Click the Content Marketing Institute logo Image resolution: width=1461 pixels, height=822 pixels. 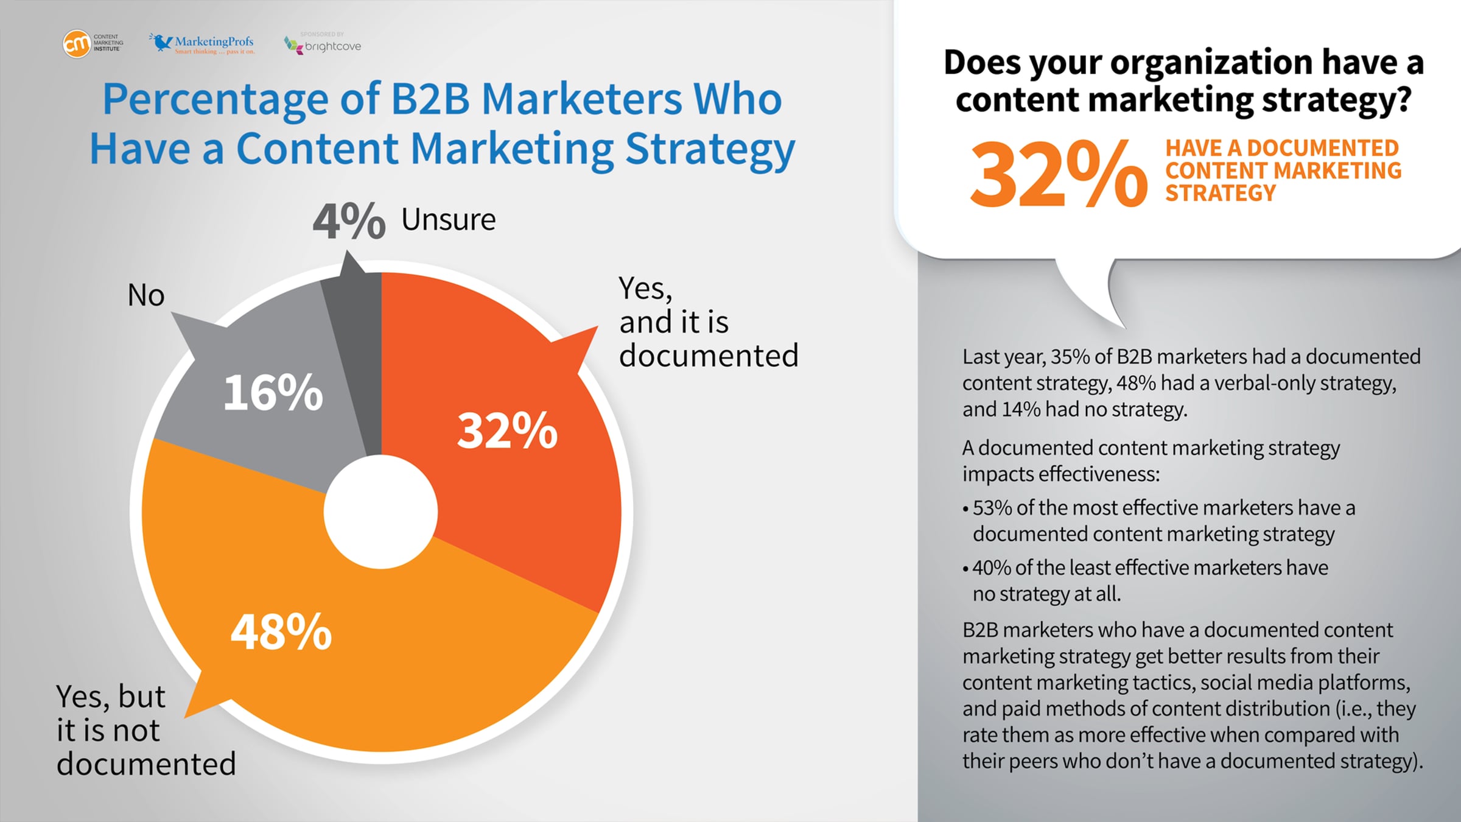(93, 44)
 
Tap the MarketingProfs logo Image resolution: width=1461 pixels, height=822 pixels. (202, 43)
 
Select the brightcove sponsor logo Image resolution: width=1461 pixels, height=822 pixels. (323, 44)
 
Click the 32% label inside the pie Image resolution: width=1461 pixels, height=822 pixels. (507, 430)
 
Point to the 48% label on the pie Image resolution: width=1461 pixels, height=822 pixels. (281, 632)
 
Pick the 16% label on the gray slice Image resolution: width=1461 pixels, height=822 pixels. (273, 392)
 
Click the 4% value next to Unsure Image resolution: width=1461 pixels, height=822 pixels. (349, 220)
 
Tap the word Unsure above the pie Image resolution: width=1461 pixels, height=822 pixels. (449, 219)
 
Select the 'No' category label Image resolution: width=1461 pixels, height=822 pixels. (146, 295)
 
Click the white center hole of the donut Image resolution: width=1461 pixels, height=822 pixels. (380, 511)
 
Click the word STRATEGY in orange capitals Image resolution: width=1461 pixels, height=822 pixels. (1221, 193)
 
